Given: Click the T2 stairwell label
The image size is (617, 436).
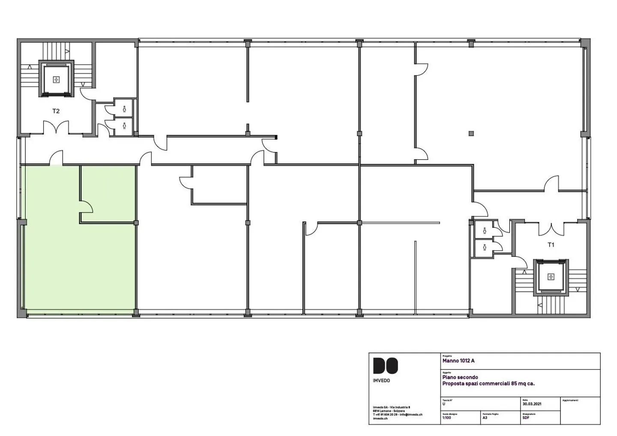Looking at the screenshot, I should tap(56, 111).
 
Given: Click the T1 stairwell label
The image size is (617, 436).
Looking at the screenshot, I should tap(551, 245).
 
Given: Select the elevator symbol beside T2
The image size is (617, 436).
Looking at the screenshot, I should tap(56, 79).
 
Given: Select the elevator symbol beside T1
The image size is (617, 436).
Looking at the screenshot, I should tap(551, 277).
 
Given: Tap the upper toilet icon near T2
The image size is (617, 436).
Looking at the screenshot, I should tap(124, 109).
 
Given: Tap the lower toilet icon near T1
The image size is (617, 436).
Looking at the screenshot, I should tap(485, 247).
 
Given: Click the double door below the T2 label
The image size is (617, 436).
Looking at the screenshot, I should tap(56, 128).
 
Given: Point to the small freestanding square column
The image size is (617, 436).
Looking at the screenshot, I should tap(471, 133).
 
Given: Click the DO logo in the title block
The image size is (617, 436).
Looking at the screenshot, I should tap(385, 366).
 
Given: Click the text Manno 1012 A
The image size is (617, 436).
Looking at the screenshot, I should tap(458, 361).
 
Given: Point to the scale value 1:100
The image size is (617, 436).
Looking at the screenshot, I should tap(446, 418).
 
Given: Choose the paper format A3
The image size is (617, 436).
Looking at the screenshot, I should tap(485, 418).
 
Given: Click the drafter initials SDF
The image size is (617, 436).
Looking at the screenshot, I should tap(526, 418).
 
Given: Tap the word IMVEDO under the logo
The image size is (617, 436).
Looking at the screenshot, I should tap(381, 381).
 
